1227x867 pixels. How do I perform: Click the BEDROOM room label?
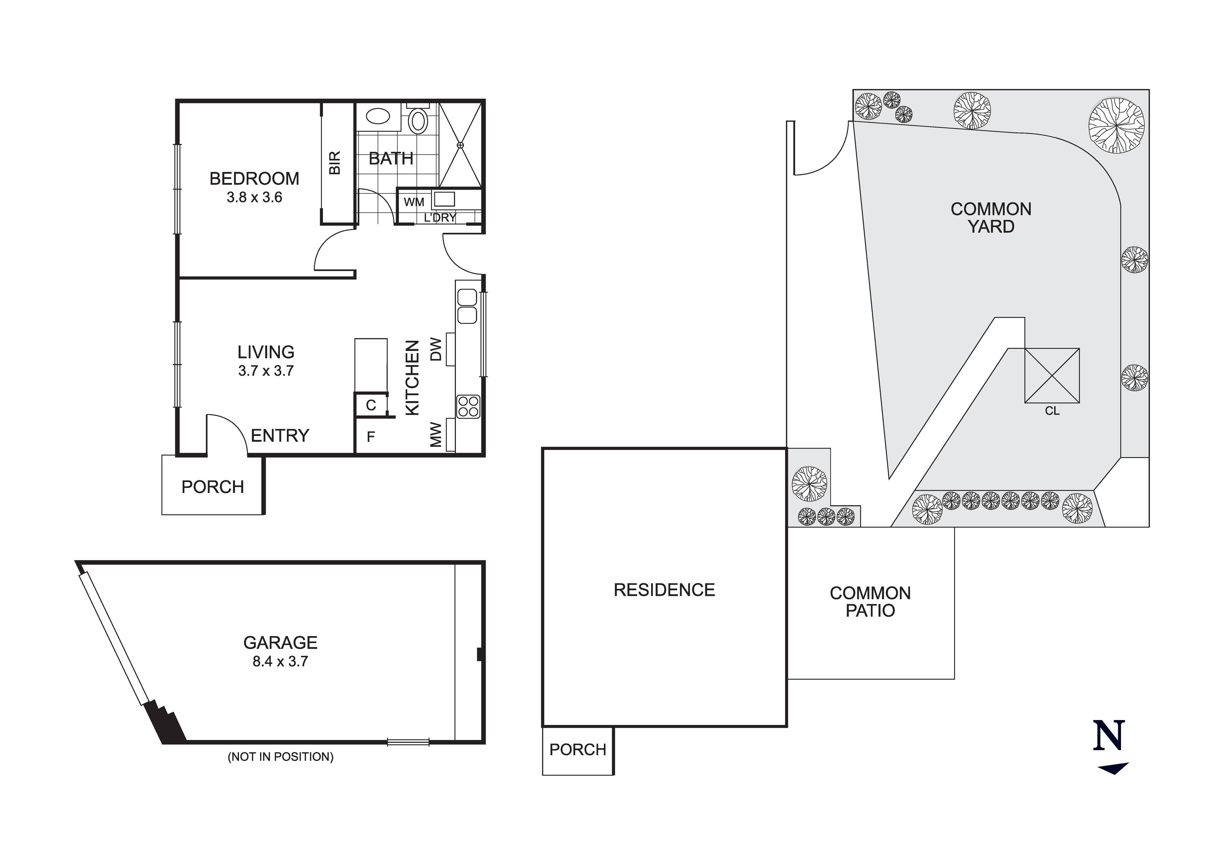coord(254,178)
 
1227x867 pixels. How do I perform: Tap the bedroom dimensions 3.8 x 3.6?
coord(254,197)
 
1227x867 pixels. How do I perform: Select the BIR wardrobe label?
coord(334,162)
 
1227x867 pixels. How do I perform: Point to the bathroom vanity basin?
coord(378,117)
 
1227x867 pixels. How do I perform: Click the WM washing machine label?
coord(414,202)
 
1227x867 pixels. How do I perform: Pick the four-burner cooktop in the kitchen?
coord(468,406)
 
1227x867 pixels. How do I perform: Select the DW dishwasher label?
coord(436,349)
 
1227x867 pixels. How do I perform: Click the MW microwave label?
coord(436,435)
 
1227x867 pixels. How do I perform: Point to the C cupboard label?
coord(371,405)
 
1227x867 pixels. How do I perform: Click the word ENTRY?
coord(280,436)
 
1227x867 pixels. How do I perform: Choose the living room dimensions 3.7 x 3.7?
coord(266,371)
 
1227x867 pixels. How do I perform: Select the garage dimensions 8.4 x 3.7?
coord(281,661)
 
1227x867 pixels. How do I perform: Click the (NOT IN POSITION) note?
coord(281,756)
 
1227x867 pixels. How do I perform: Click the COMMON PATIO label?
coord(870,601)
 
